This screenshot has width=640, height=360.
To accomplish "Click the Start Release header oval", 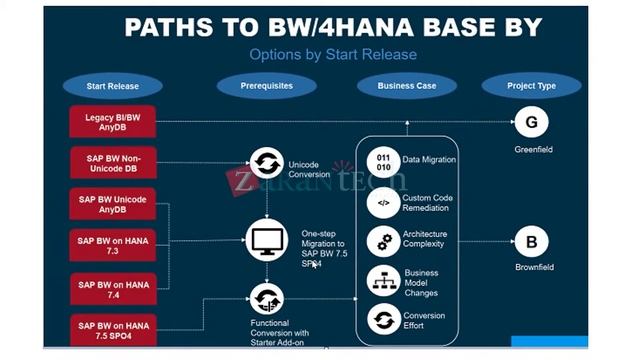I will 112,86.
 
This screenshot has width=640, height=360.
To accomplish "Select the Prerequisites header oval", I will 266,86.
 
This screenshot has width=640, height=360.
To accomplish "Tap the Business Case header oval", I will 406,86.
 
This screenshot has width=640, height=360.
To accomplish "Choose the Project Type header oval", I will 532,86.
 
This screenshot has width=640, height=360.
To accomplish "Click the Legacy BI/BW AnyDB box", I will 113,122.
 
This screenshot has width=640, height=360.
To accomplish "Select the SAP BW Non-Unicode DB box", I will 113,163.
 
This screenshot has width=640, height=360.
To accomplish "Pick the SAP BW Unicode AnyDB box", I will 113,204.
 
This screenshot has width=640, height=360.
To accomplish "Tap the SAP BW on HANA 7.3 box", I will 113,245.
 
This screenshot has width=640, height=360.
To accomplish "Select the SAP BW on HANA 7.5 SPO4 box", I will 113,330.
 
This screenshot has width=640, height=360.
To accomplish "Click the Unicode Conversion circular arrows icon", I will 266,163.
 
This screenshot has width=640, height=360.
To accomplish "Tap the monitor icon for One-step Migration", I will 267,239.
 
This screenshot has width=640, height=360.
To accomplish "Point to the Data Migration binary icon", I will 383,160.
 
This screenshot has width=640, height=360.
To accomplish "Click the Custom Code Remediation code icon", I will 383,203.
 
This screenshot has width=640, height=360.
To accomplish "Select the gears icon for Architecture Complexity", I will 383,240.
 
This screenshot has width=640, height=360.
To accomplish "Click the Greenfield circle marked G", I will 531,123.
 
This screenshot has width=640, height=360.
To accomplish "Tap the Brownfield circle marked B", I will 531,241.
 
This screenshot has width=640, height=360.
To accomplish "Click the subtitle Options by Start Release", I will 333,54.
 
